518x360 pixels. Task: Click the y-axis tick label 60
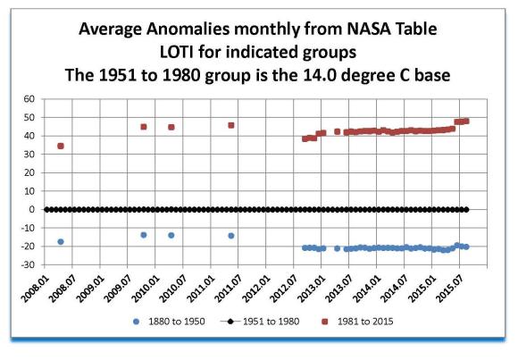(x=29, y=98)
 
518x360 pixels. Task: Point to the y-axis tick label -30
(x=27, y=264)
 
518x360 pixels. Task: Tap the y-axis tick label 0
(x=32, y=209)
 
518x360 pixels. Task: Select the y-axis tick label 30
(x=29, y=154)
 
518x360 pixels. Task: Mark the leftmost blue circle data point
(x=61, y=242)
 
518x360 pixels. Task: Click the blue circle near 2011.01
(x=231, y=236)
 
